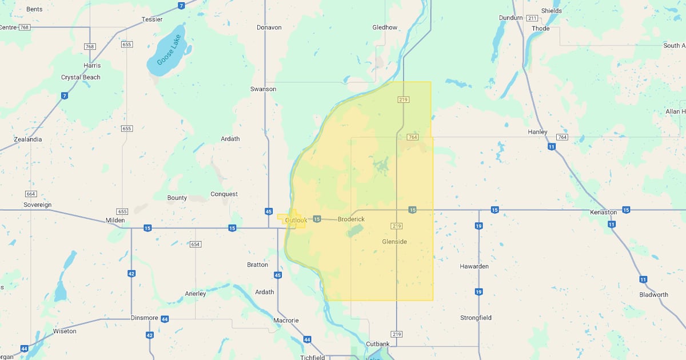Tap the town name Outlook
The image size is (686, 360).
296,220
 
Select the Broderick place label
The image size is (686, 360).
351,219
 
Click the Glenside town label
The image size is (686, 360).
394,242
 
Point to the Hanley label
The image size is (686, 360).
537,132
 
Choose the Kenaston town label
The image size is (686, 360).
603,213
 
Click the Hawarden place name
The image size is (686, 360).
474,267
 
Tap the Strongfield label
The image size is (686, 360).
476,318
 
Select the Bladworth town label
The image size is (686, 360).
654,295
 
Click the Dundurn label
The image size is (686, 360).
510,18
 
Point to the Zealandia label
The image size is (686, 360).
28,139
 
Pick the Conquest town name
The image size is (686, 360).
224,194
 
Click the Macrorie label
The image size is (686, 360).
286,321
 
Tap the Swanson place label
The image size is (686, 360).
263,89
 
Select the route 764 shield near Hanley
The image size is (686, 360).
563,137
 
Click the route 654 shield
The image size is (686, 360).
196,244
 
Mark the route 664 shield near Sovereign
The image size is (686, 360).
31,194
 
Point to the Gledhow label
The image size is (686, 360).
385,27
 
